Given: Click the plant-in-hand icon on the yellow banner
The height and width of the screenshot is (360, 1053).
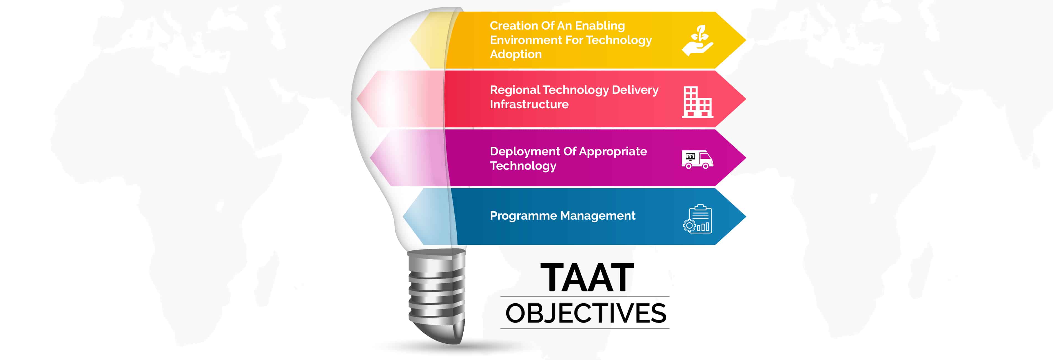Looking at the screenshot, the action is pos(697,40).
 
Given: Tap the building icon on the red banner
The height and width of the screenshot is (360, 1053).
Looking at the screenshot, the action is pos(697,102).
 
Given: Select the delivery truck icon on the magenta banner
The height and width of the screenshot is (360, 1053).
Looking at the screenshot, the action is pos(697,159).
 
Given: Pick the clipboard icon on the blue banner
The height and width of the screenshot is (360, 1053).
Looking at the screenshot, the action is pos(697,219).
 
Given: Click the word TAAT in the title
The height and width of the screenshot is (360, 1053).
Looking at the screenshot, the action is pos(587,277).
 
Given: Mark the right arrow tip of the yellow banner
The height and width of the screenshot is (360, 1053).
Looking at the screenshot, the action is pos(746,40).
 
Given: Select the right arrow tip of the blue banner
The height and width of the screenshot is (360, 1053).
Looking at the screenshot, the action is pos(746,217).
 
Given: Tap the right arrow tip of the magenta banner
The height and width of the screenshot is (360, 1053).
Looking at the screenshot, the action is pos(746,158).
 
